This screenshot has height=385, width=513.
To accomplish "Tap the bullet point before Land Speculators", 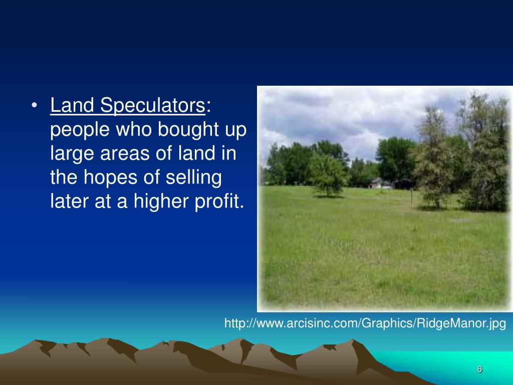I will pos(34,106).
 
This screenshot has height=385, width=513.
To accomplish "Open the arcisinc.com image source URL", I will pos(365,323).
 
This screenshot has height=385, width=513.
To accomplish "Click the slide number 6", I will pos(479,369).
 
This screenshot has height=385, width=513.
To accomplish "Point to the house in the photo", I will pos(381,183).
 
